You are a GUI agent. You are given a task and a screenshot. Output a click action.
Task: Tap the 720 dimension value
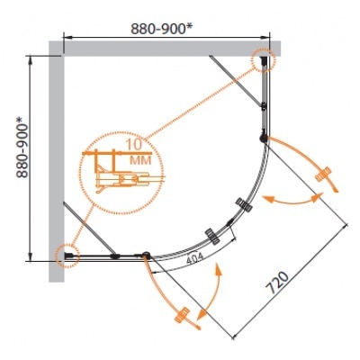pos(277,283)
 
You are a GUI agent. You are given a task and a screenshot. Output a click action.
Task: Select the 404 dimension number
pos(194,258)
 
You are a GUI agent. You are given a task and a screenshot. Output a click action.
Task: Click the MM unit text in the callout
pos(139,160)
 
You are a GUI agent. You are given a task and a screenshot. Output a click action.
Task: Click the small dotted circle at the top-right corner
pos(263,60)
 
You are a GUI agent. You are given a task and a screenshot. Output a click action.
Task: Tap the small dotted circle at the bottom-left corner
pos(67,256)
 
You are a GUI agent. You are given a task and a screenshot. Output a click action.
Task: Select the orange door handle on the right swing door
pos(323,174)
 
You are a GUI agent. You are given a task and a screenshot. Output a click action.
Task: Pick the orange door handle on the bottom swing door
pos(183,315)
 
